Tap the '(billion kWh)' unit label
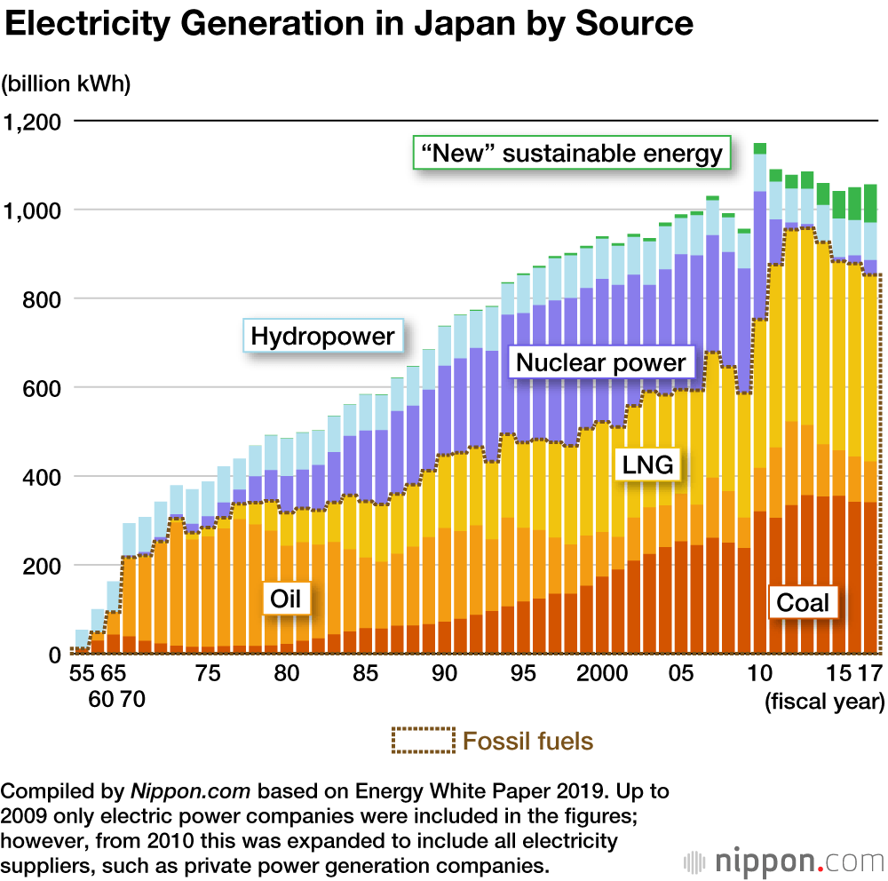67,84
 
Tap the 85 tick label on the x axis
364,673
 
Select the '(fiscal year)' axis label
824,702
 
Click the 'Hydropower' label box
323,337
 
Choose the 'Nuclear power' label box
600,362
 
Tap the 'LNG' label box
647,464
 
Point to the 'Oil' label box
286,599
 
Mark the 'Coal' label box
803,602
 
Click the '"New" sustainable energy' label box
572,153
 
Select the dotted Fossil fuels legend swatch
423,740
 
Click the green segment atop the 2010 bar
760,148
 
